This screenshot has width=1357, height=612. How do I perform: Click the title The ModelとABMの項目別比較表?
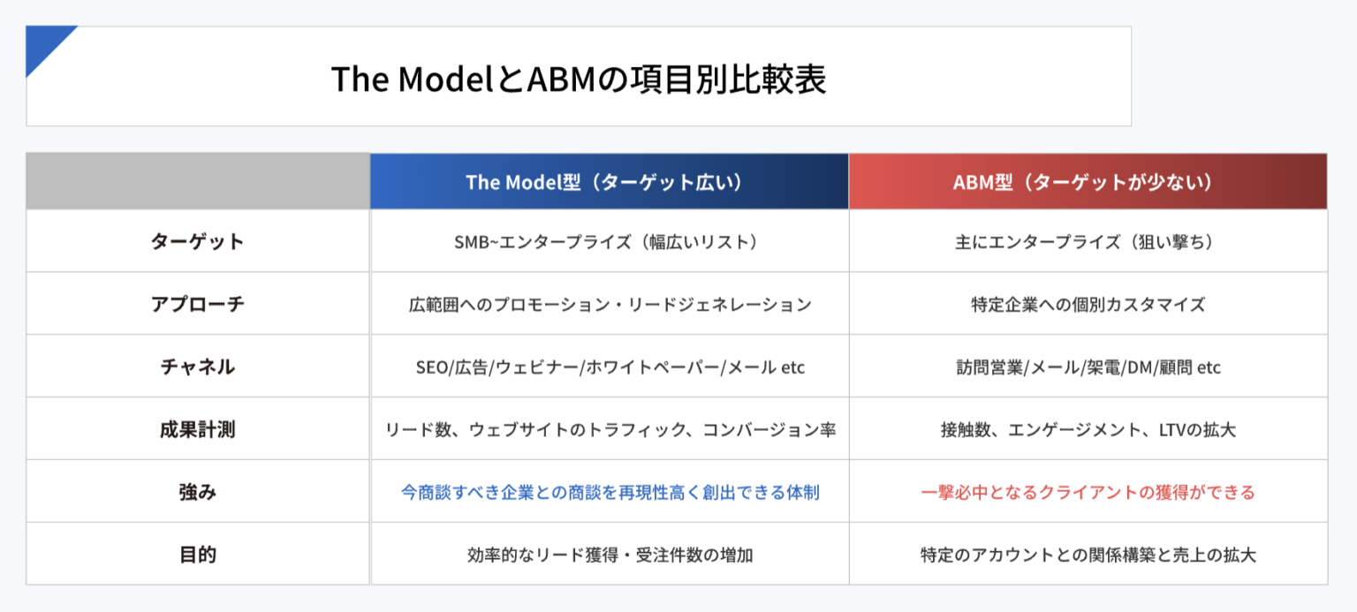pyautogui.click(x=579, y=79)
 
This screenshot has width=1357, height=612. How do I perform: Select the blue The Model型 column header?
pyautogui.click(x=609, y=182)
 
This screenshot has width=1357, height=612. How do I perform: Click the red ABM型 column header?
pyautogui.click(x=1088, y=182)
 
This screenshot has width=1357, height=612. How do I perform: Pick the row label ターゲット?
pyautogui.click(x=197, y=241)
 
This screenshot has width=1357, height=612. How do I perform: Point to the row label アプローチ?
pyautogui.click(x=197, y=304)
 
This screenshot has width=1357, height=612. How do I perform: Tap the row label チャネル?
pyautogui.click(x=197, y=366)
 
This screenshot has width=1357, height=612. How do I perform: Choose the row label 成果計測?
pyautogui.click(x=197, y=429)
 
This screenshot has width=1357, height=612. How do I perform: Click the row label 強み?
pyautogui.click(x=197, y=492)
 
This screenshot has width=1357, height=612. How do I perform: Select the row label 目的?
pyautogui.click(x=197, y=555)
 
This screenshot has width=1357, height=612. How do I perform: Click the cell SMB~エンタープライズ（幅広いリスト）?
pyautogui.click(x=610, y=241)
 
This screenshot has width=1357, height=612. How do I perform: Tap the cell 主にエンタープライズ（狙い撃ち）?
pyautogui.click(x=1088, y=241)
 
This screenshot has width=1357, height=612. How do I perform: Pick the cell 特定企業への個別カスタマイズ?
pyautogui.click(x=1088, y=304)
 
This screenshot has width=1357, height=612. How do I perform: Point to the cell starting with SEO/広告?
pyautogui.click(x=610, y=366)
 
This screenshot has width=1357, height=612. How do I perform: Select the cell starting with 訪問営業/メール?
pyautogui.click(x=1088, y=366)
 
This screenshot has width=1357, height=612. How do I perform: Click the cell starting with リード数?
pyautogui.click(x=610, y=429)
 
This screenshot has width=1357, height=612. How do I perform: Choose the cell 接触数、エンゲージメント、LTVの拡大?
pyautogui.click(x=1088, y=429)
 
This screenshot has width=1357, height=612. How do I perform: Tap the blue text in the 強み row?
pyautogui.click(x=610, y=492)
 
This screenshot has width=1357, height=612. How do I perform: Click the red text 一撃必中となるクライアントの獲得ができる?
pyautogui.click(x=1088, y=492)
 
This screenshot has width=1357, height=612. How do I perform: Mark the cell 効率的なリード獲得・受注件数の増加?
pyautogui.click(x=610, y=555)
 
